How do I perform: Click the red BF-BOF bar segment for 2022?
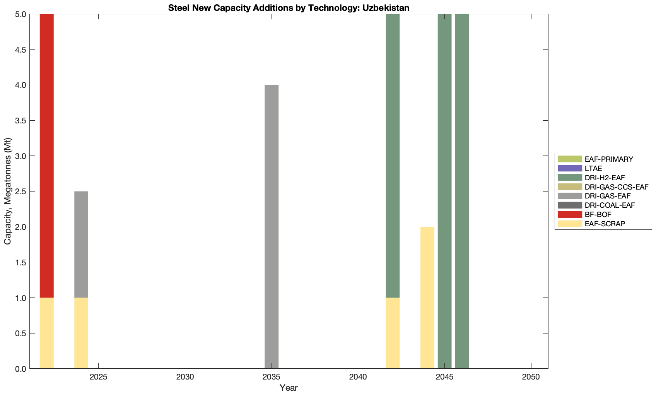pyautogui.click(x=47, y=155)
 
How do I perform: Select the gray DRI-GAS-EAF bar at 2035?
pyautogui.click(x=272, y=226)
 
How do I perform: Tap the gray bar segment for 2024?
pyautogui.click(x=81, y=244)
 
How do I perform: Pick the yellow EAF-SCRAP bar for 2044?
pyautogui.click(x=427, y=298)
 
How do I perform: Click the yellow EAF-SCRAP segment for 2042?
pyautogui.click(x=393, y=333)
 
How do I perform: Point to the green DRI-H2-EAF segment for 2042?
pyautogui.click(x=393, y=155)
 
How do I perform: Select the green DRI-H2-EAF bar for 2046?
pyautogui.click(x=462, y=192)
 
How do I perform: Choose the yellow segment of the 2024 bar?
pyautogui.click(x=81, y=333)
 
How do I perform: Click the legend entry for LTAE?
pyautogui.click(x=593, y=168)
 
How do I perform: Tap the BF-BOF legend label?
pyautogui.click(x=598, y=214)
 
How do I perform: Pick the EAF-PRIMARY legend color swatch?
pyautogui.click(x=570, y=159)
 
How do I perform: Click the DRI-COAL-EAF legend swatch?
pyautogui.click(x=570, y=205)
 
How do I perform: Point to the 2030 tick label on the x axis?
pyautogui.click(x=185, y=377)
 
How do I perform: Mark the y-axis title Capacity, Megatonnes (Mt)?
pyautogui.click(x=8, y=192)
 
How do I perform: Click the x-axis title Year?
pyautogui.click(x=289, y=388)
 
